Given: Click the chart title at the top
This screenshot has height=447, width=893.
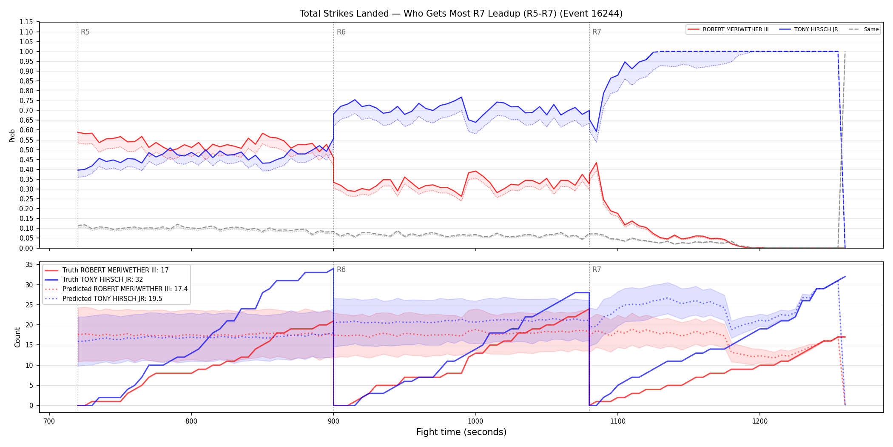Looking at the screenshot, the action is [461, 14].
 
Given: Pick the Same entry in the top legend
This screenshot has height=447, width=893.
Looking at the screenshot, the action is [864, 29].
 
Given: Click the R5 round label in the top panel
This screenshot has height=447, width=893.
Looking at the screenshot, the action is [85, 32].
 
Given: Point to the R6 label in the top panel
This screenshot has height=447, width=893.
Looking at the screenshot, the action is [341, 32].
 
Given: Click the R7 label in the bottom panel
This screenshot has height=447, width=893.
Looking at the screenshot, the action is [597, 269].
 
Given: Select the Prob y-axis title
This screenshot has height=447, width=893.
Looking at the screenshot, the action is [12, 135].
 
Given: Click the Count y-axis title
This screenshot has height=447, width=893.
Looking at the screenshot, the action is [17, 337].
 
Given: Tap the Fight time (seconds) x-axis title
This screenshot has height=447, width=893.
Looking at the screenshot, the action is [461, 432].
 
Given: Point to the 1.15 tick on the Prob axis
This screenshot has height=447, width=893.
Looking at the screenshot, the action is [26, 22].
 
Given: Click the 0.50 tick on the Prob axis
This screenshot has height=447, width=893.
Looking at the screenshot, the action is [26, 150].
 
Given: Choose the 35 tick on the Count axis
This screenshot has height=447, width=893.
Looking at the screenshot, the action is [29, 265].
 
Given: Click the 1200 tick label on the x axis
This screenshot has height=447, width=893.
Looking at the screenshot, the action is [760, 421].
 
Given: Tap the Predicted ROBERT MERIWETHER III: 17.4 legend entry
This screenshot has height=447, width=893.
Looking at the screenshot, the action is [116, 289].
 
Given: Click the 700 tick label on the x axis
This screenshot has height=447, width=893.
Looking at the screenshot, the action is [49, 421].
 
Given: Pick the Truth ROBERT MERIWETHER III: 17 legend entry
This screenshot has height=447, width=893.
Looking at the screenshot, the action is [107, 270].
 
